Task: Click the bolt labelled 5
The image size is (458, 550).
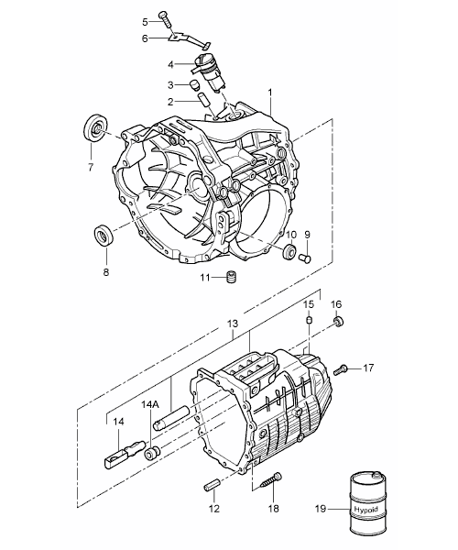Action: [x=165, y=19]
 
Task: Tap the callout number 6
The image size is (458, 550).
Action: [x=146, y=38]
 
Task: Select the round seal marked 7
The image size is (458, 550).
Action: [x=95, y=127]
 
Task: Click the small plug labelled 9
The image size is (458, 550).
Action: [x=305, y=259]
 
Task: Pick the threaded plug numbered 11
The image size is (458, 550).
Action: [x=231, y=277]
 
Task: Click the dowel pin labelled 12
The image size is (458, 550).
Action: [x=212, y=487]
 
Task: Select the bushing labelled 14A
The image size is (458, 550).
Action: [x=152, y=453]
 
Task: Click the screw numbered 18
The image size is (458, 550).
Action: [x=271, y=479]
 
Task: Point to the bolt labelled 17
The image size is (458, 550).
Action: [x=340, y=369]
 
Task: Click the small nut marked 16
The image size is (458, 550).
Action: [x=338, y=321]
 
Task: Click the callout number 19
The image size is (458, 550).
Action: [x=321, y=508]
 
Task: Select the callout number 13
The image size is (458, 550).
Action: [x=233, y=324]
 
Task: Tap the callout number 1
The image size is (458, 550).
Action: [x=270, y=93]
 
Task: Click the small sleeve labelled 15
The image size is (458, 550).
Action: [x=309, y=320]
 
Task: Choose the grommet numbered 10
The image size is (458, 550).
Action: [x=289, y=251]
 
